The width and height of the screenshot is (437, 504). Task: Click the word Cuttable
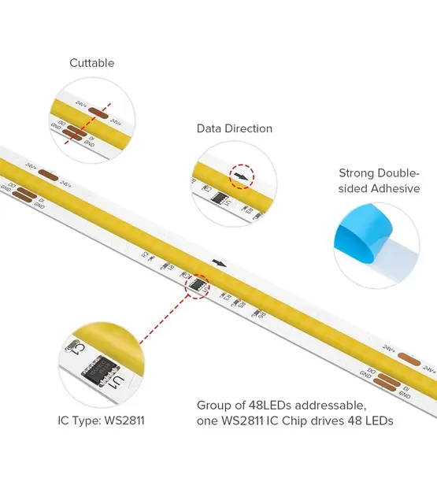[91, 63]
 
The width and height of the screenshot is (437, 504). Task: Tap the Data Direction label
[234, 128]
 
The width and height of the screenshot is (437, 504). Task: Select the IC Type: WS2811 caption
[101, 421]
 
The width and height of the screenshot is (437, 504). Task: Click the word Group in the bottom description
[214, 405]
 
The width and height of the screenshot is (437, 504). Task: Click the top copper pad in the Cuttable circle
[98, 113]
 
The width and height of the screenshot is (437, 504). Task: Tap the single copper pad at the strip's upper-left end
[47, 174]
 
